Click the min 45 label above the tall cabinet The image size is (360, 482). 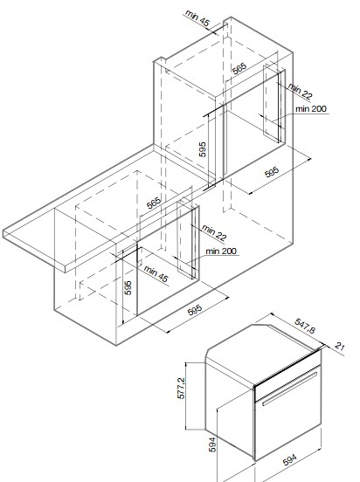pos(197,18)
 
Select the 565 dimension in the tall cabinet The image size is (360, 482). pos(239,69)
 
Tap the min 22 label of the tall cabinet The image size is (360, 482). pos(300,92)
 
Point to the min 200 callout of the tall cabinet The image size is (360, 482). pos(311,109)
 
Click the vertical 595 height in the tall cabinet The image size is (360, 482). pos(202,149)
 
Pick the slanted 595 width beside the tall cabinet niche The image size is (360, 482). pos(272,172)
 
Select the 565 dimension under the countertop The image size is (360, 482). pos(154,203)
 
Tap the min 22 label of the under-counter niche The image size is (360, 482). pos(214,232)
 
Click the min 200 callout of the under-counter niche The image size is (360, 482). pos(221,251)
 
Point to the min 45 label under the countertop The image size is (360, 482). pos(156,274)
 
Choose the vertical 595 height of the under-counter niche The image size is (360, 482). pos(128,288)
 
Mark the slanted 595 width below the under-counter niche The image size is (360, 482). pos(195,310)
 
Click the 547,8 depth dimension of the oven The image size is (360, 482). pos(305,326)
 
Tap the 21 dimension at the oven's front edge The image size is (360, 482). pos(339,347)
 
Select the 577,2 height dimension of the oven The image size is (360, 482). pos(181,389)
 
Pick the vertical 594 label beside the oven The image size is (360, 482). pos(212,444)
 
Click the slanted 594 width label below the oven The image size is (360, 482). pos(289,460)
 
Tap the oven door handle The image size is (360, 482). pos(289,389)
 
